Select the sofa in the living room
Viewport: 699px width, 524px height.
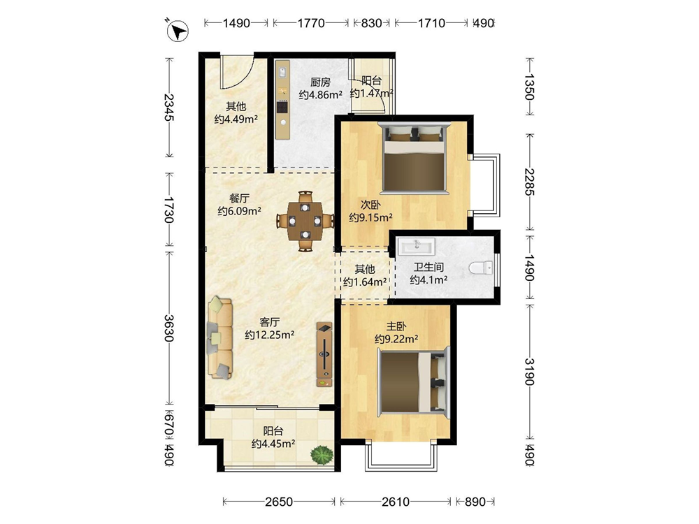click(220, 337)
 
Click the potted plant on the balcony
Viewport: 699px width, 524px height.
click(322, 455)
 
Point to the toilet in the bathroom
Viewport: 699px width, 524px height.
click(481, 268)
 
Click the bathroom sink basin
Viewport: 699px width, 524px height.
click(417, 245)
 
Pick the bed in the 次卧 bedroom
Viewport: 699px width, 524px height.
click(414, 158)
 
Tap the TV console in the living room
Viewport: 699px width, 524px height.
click(324, 355)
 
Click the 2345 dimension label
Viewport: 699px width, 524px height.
click(169, 108)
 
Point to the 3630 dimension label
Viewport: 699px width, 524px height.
click(169, 328)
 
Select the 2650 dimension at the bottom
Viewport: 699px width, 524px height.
click(279, 502)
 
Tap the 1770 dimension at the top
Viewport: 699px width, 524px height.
click(311, 23)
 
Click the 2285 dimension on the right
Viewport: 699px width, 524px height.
click(529, 182)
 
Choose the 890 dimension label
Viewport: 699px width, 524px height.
click(475, 502)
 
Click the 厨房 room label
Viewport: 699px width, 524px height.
click(321, 82)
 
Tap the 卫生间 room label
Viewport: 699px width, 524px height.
click(428, 268)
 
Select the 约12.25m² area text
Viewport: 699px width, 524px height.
click(270, 335)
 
